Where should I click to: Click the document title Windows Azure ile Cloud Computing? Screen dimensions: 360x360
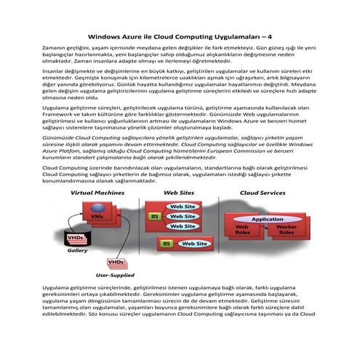pos(180,34)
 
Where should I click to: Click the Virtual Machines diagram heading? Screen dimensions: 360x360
pos(102,193)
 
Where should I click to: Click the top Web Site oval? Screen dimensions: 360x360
pos(182,207)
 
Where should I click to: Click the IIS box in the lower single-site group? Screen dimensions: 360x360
pos(167,244)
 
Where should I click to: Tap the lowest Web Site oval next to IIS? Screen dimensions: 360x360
pos(182,225)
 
